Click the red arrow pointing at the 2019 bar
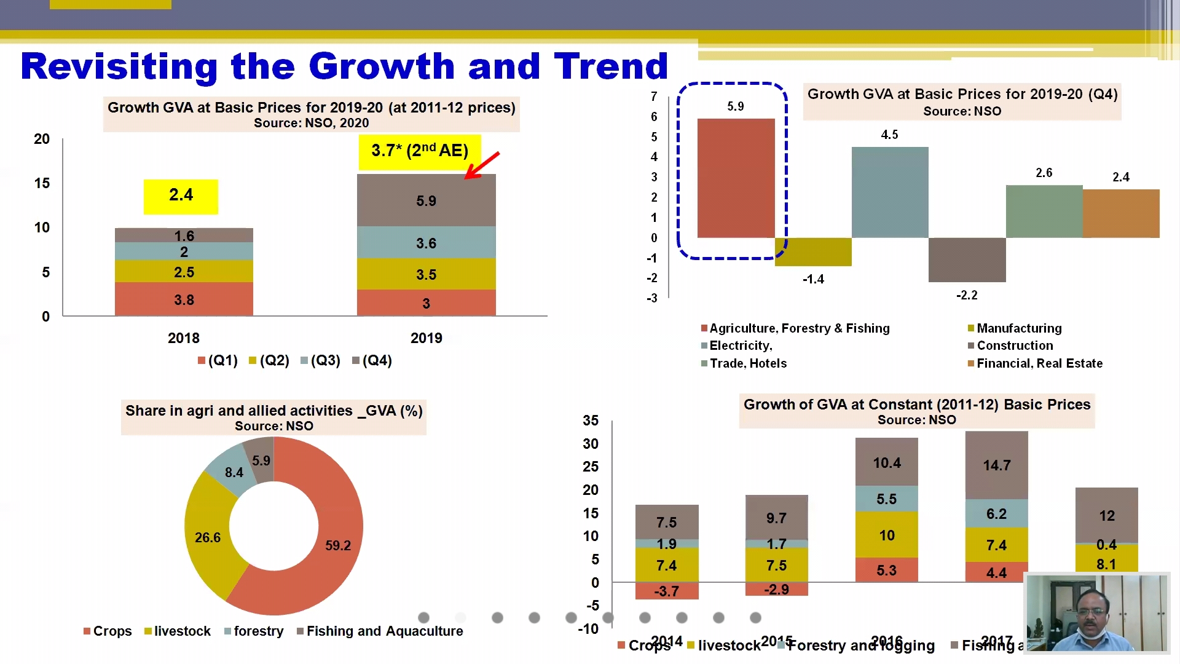pos(482,165)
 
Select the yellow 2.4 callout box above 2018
pos(181,196)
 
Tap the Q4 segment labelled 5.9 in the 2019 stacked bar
pos(426,200)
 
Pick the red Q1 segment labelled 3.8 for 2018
pos(184,299)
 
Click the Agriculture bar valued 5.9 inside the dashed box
pos(736,178)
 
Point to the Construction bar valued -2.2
pos(967,259)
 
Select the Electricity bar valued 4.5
pos(889,192)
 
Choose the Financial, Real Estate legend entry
pos(1039,363)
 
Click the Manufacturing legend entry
pos(1018,328)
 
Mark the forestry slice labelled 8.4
pos(234,472)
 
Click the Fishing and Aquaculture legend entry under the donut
pos(384,631)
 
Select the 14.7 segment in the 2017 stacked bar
pos(996,465)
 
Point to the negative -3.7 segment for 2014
pos(666,591)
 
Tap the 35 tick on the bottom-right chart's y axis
pos(590,421)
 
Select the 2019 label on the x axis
pos(426,338)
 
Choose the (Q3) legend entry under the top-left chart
pos(324,360)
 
